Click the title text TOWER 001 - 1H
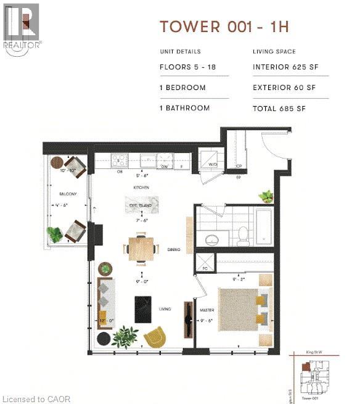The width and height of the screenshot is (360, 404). [225, 27]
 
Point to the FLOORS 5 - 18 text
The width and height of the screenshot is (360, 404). [184, 68]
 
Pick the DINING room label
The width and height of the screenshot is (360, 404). [173, 250]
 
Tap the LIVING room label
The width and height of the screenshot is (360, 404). [164, 308]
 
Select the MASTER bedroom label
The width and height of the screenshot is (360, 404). [207, 310]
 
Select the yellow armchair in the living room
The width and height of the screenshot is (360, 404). [154, 337]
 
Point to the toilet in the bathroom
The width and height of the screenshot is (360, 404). [243, 234]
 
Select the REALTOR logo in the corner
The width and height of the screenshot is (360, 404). [23, 28]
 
